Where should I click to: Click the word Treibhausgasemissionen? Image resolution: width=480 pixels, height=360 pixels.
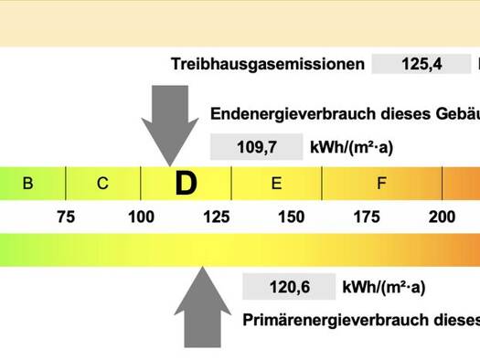tap(268, 64)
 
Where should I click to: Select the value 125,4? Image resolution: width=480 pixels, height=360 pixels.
tap(421, 64)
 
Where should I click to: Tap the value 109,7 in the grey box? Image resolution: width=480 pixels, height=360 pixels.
tap(257, 147)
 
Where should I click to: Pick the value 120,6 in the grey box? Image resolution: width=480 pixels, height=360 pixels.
tap(289, 287)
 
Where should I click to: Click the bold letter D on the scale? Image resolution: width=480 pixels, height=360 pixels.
tap(187, 184)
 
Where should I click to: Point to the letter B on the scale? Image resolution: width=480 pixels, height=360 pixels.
tap(27, 184)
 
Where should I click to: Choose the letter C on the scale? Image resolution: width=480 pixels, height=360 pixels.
tap(102, 184)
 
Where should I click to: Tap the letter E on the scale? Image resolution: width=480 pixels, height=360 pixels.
tap(276, 184)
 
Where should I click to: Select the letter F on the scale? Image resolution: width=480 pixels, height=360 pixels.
tap(381, 184)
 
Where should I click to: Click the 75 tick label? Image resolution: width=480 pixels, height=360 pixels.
tap(66, 217)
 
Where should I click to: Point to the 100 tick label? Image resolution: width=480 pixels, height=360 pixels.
tap(141, 217)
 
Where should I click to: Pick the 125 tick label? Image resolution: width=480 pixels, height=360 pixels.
tap(217, 217)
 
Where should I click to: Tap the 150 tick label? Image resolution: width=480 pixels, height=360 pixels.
tap(291, 217)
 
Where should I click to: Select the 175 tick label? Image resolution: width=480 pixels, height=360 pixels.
tap(367, 217)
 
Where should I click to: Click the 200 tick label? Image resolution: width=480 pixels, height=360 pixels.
tap(442, 217)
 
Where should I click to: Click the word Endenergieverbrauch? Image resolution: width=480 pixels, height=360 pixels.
tap(293, 114)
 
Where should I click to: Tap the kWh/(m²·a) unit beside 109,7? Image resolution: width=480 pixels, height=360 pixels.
tap(351, 147)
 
